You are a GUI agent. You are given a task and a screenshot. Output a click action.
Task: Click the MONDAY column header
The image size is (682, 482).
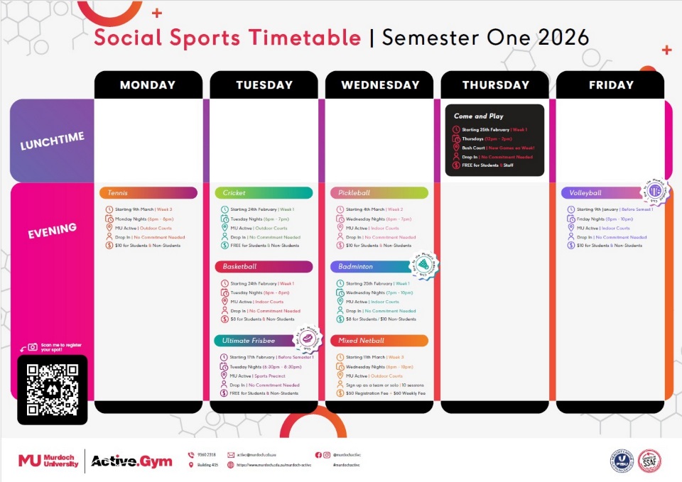coord(148,85)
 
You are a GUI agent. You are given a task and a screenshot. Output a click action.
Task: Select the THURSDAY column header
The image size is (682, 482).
coord(495,85)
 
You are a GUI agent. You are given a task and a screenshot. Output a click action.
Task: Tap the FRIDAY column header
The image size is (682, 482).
coord(611,85)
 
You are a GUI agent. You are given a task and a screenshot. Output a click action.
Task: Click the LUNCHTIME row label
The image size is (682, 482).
coord(52,141)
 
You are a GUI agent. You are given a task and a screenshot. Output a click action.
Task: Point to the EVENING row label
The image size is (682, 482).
coord(52,229)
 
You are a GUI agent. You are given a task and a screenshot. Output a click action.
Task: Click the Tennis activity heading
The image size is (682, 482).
coord(148,193)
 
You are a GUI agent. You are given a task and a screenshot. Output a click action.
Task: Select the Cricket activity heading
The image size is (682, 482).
coord(263,193)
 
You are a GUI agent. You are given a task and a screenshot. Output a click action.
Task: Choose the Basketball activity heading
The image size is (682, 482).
coord(263,267)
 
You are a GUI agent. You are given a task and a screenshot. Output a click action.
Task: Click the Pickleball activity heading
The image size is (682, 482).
coord(379,193)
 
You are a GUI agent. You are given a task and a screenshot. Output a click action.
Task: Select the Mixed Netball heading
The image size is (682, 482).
coord(379,341)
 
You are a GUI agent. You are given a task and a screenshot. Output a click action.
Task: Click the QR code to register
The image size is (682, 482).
coord(52,389)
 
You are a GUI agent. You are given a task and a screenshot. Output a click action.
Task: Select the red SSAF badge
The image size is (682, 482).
coord(649,461)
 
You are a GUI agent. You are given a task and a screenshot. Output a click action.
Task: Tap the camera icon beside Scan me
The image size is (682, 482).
coord(32,347)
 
